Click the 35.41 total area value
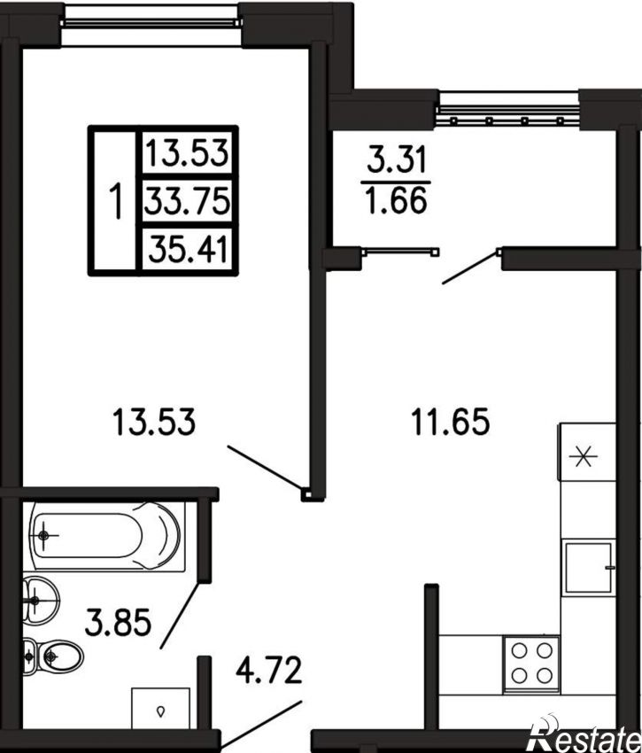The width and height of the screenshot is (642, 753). (187, 249)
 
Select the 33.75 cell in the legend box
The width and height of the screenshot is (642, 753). (187, 201)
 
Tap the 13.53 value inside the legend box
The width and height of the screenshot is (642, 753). (187, 153)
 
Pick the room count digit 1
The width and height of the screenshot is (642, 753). (116, 201)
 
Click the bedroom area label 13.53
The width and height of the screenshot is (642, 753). (154, 422)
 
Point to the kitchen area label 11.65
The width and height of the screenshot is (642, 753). (450, 422)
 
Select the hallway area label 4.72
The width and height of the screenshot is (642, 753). (269, 670)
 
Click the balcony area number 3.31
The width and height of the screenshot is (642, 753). (397, 159)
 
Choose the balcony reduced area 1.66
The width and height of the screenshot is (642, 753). (396, 200)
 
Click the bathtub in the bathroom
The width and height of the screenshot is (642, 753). (106, 537)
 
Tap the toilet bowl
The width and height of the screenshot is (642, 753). (53, 656)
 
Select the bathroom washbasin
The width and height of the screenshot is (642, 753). (41, 600)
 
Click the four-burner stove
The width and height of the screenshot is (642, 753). (531, 664)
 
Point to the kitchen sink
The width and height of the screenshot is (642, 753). (589, 567)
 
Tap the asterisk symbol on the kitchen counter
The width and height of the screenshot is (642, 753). (584, 456)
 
